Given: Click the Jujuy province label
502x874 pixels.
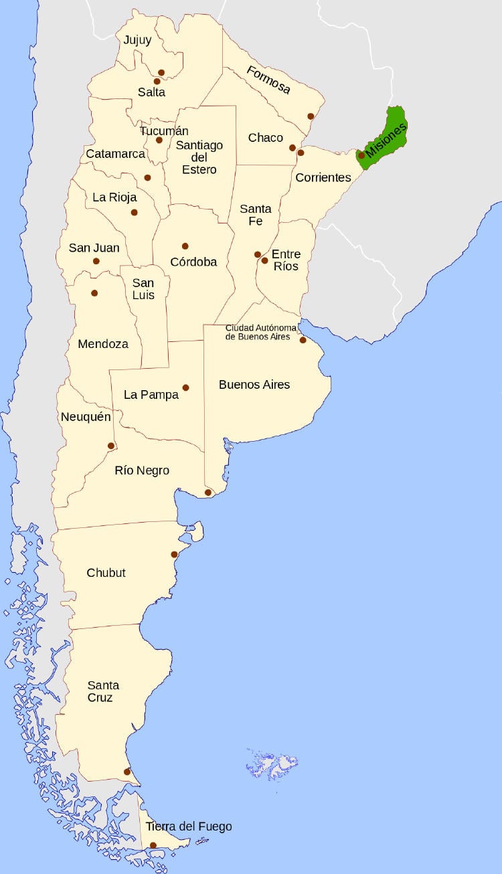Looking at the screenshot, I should [137, 40].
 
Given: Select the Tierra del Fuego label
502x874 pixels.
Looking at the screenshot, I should [189, 826].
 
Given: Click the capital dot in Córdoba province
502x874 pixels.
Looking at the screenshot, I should [185, 246].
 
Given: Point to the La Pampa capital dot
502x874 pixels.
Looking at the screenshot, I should [185, 387].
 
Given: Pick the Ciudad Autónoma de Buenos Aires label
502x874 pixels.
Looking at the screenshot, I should [258, 332].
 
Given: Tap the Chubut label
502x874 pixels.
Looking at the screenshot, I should [106, 573].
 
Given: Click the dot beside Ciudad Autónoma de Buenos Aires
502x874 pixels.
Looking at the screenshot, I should [303, 340].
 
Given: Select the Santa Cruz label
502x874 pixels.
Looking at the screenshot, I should [103, 691].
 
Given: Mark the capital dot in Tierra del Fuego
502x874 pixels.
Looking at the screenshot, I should [153, 845].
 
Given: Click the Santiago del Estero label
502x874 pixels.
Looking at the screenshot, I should [199, 157].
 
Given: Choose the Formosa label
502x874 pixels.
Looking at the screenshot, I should [268, 80].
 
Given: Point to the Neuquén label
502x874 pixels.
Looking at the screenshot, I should [86, 417].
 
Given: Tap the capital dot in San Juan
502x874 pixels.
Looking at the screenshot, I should [96, 261].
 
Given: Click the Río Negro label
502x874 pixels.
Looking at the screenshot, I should [142, 470].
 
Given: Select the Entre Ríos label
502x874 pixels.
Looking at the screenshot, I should [286, 260].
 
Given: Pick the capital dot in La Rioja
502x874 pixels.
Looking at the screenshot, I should [135, 212].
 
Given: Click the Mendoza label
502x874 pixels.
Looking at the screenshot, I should [103, 344].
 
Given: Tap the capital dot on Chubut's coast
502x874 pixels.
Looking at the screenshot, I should [174, 554].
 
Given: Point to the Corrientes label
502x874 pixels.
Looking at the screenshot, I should [323, 177].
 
